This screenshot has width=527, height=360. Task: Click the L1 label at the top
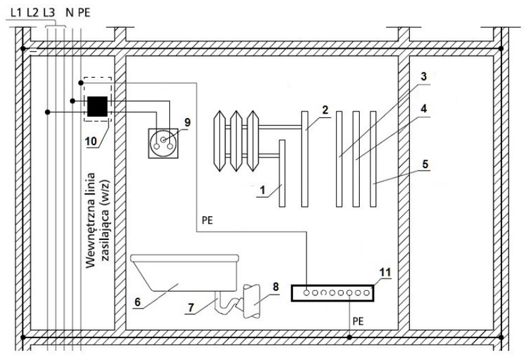pos(16,13)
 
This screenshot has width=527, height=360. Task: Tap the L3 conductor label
pos(49,13)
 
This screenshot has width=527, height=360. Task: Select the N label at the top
pos(70,13)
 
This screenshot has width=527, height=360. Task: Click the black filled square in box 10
pos(97,106)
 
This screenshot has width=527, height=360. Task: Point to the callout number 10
pos(91,141)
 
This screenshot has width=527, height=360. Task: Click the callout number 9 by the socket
pos(187,123)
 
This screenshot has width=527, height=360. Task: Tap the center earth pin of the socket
pos(163,140)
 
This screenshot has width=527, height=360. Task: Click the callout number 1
pos(263,190)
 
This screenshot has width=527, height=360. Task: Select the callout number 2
pos(325,110)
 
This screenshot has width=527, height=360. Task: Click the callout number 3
pos(424,76)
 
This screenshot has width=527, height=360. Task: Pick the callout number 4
pos(424,109)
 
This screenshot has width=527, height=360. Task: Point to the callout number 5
pos(425,164)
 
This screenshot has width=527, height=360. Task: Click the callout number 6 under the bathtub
pos(138,302)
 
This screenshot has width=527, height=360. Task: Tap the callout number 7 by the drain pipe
pos(191,307)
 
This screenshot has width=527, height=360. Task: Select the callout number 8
pos(275,287)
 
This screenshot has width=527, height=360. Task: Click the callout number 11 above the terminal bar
pos(385,272)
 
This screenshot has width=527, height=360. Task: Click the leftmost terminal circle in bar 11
pos(306,293)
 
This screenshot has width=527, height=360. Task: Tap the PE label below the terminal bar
pos(358,321)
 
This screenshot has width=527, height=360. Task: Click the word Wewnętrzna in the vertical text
pos(90,220)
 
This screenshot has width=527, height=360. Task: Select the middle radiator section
pos(236,141)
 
